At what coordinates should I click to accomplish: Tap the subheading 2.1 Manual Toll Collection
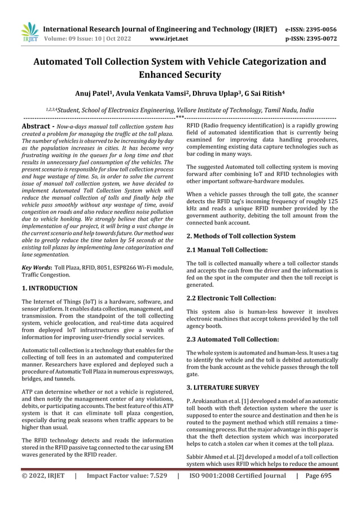coord(227,249)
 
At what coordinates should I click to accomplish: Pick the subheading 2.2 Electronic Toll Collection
coord(231,297)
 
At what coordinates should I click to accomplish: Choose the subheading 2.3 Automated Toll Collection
coord(232,339)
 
